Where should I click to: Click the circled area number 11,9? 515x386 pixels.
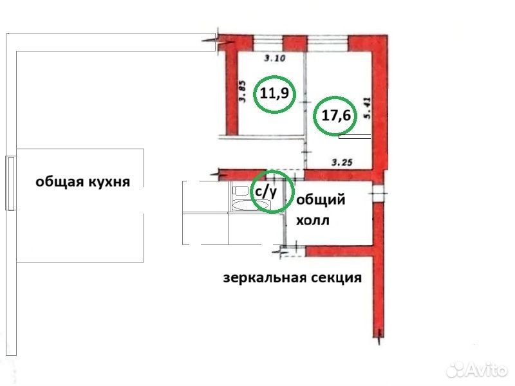pyautogui.click(x=274, y=94)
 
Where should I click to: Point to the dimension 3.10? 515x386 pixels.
pyautogui.click(x=275, y=59)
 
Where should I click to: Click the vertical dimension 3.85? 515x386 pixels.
pyautogui.click(x=243, y=91)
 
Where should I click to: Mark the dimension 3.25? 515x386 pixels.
pyautogui.click(x=342, y=162)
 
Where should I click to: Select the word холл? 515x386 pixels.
pyautogui.click(x=313, y=220)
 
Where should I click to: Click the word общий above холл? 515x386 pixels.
pyautogui.click(x=321, y=199)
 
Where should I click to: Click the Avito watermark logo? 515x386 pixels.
pyautogui.click(x=477, y=370)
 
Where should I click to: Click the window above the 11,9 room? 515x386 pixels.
pyautogui.click(x=268, y=43)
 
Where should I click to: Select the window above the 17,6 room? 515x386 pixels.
pyautogui.click(x=328, y=43)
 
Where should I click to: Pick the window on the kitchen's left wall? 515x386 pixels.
pyautogui.click(x=10, y=183)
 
